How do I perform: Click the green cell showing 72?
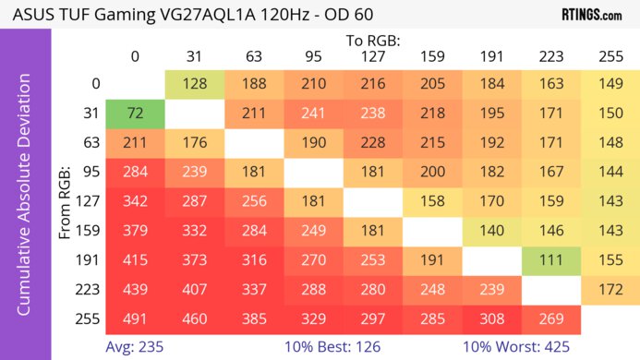pyautogui.click(x=135, y=113)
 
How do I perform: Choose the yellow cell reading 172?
pyautogui.click(x=610, y=290)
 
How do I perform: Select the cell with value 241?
pyautogui.click(x=313, y=113)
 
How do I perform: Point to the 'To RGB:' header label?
pyautogui.click(x=372, y=41)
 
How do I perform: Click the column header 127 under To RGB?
pyautogui.click(x=372, y=57)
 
